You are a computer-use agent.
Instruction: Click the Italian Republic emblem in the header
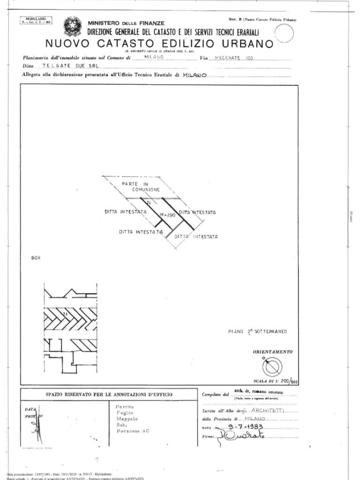coord(72,26)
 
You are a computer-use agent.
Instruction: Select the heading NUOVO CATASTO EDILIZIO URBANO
coord(159,44)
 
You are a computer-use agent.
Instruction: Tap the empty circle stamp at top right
coord(284,33)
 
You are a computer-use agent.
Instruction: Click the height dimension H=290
coord(168,215)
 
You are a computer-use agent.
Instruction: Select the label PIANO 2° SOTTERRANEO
coord(257,331)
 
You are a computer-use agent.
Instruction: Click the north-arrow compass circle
coord(272,366)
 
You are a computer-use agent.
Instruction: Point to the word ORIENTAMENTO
coord(273,351)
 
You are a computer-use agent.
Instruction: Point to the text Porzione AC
coord(133,430)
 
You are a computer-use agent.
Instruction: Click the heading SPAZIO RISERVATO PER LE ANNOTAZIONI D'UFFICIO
coord(109,395)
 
